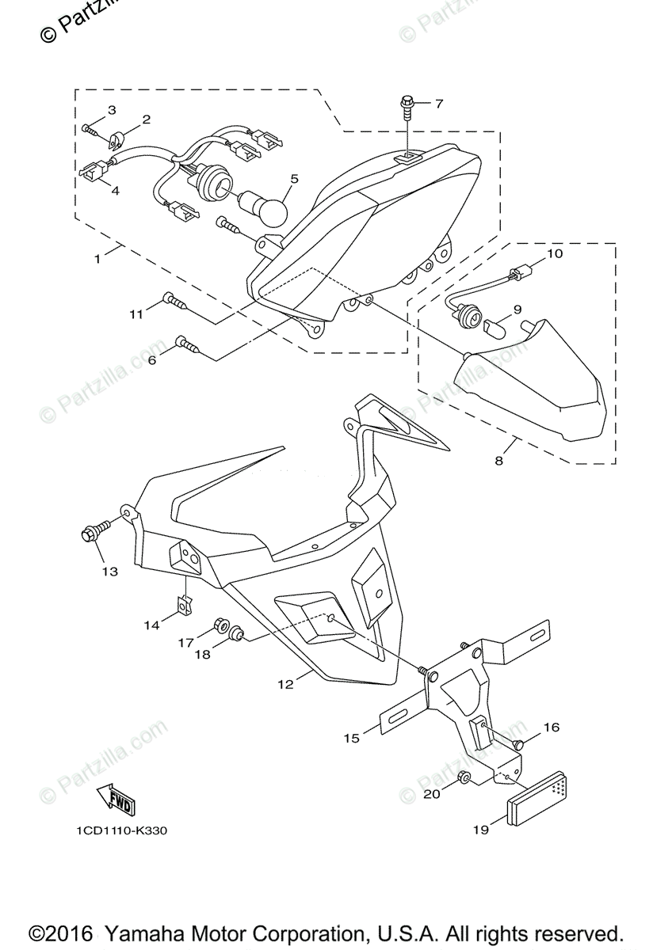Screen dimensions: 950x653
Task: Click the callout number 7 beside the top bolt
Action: point(438,104)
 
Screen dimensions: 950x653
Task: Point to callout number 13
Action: point(109,571)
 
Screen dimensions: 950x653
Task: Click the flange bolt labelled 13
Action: point(90,533)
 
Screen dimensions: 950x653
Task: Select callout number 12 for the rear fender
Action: point(286,684)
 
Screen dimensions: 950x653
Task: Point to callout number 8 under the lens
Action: point(499,460)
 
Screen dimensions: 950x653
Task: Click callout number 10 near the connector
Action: point(554,254)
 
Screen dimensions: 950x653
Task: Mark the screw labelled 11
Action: point(174,299)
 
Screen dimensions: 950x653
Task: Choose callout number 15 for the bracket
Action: point(351,738)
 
